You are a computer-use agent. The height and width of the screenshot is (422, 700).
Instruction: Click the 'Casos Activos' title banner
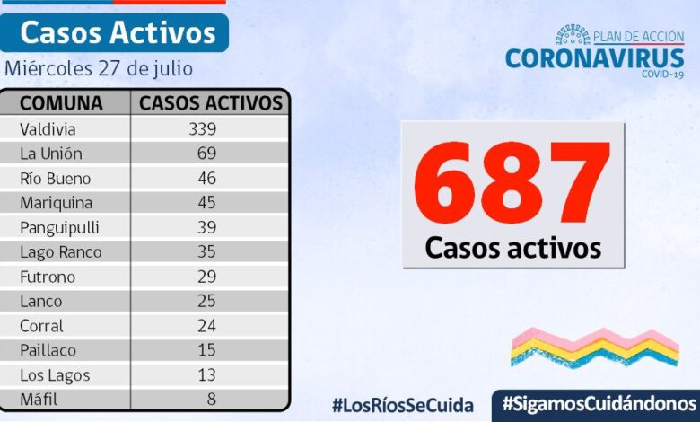point(118,32)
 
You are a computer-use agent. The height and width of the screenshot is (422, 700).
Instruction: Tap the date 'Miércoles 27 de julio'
point(99,68)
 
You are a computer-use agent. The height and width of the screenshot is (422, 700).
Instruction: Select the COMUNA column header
point(61,102)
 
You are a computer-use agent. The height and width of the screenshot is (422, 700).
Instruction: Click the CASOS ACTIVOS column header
point(211,102)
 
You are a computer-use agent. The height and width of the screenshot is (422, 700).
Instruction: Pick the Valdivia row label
point(48,128)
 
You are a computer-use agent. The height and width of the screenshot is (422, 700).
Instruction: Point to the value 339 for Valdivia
point(202,128)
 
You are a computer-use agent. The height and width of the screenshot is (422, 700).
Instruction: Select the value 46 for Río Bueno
point(206,178)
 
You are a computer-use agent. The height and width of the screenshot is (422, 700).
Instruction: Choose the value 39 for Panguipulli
point(206,227)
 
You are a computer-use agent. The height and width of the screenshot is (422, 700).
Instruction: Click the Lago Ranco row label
point(60,252)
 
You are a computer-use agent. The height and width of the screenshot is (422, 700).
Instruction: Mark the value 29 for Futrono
point(206,277)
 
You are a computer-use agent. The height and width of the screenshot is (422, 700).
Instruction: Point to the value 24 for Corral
point(206,326)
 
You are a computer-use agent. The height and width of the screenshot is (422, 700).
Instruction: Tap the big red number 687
point(512,183)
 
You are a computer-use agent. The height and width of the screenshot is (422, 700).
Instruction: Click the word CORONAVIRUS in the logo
point(594,58)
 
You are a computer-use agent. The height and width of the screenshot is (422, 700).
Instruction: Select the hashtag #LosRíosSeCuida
point(402,405)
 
